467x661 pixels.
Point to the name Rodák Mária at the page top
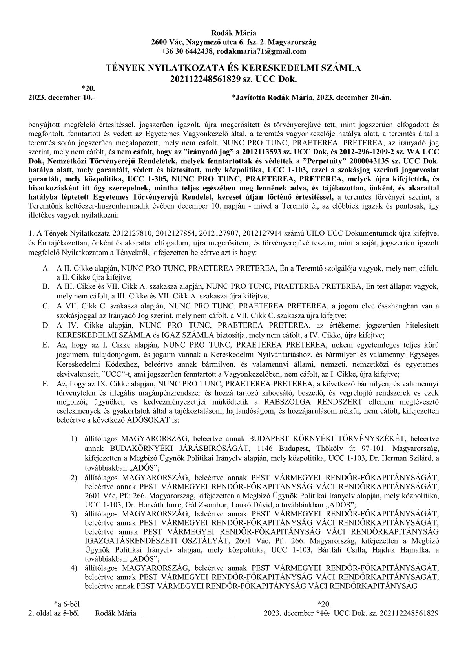(x=233, y=33)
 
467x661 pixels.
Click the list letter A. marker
(x=46, y=269)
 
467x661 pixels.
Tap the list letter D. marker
(x=46, y=325)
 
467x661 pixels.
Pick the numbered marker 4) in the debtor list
(x=74, y=568)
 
